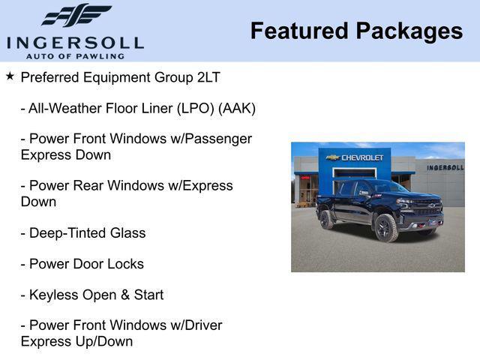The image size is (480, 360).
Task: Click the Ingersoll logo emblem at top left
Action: coord(76,16)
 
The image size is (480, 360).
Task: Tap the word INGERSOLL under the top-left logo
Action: coord(75,42)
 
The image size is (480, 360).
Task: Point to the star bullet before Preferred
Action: coord(10,76)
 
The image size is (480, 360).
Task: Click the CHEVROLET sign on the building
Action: coord(362,157)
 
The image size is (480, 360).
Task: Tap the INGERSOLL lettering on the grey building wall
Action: coord(445,167)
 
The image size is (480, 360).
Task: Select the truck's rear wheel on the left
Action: coord(327,219)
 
